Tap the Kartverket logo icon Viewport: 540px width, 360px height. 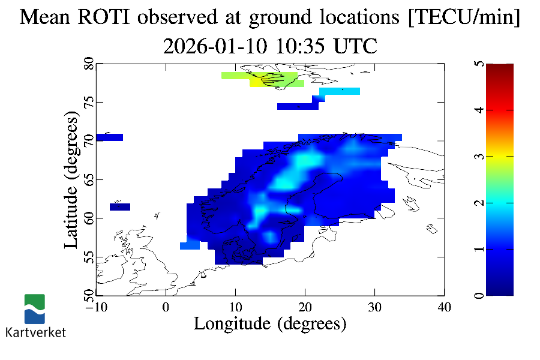(34, 308)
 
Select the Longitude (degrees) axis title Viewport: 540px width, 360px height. (270, 324)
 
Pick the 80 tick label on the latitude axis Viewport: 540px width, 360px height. (89, 64)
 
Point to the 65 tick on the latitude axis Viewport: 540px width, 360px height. (89, 179)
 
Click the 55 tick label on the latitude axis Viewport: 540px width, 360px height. (89, 257)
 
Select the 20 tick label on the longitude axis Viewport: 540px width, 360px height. (305, 307)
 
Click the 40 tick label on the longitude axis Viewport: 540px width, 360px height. (444, 307)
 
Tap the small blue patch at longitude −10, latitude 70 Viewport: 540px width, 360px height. (109, 137)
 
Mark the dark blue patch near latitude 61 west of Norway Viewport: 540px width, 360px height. (120, 207)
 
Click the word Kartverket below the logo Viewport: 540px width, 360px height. (35, 332)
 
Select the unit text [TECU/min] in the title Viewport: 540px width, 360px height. (464, 18)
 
